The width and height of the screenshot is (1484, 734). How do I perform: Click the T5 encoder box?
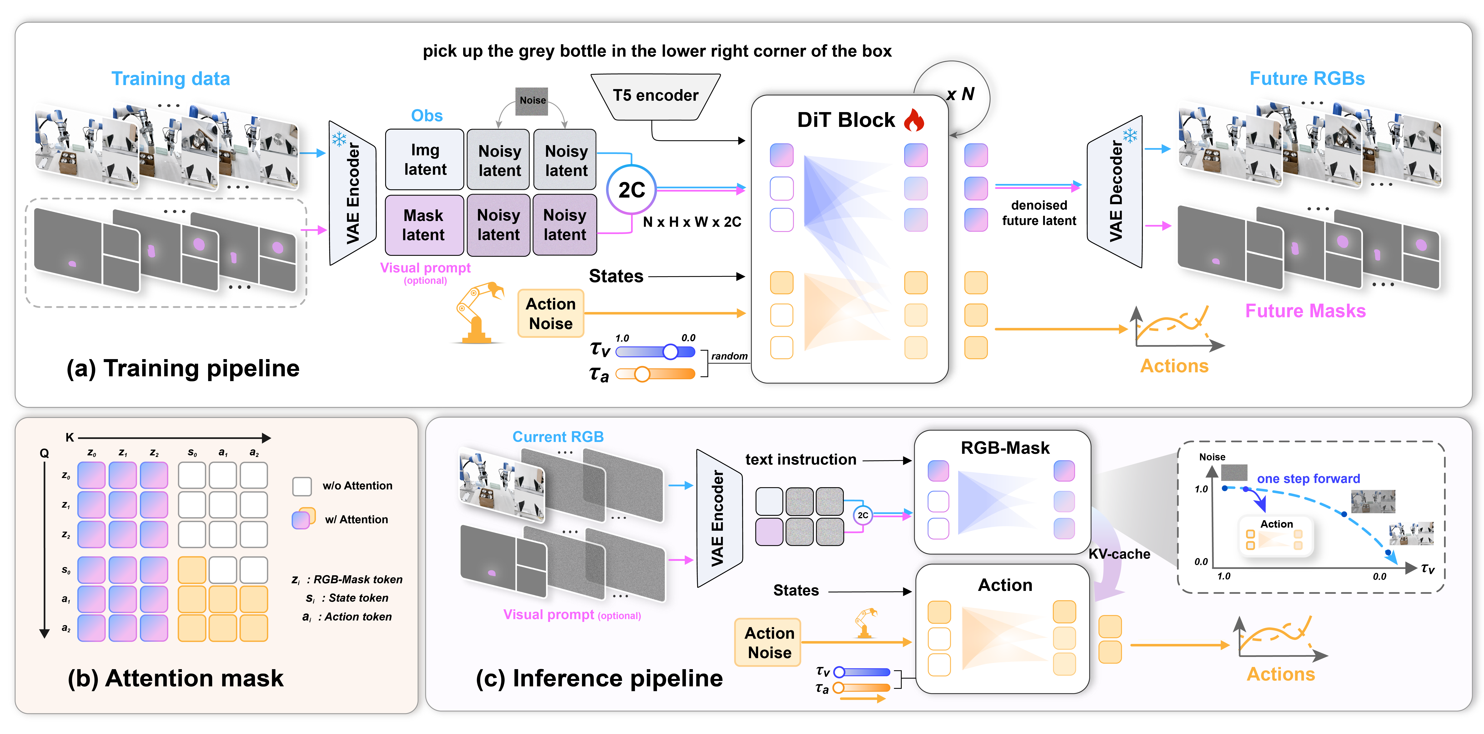click(656, 96)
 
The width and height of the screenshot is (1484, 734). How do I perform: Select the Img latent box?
click(425, 160)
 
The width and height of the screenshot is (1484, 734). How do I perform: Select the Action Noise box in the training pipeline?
click(551, 313)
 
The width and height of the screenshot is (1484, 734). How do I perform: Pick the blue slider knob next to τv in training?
click(670, 351)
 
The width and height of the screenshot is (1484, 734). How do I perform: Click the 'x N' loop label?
click(960, 94)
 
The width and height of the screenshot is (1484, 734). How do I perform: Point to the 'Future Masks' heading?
click(1305, 311)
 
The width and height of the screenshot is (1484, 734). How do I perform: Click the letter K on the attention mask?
click(70, 437)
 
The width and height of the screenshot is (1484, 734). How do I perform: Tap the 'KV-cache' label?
click(1119, 554)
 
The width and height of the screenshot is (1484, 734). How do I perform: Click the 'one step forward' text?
click(1308, 479)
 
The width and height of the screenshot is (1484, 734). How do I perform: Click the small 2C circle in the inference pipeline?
click(862, 515)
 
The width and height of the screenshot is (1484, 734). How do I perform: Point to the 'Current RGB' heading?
click(558, 437)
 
